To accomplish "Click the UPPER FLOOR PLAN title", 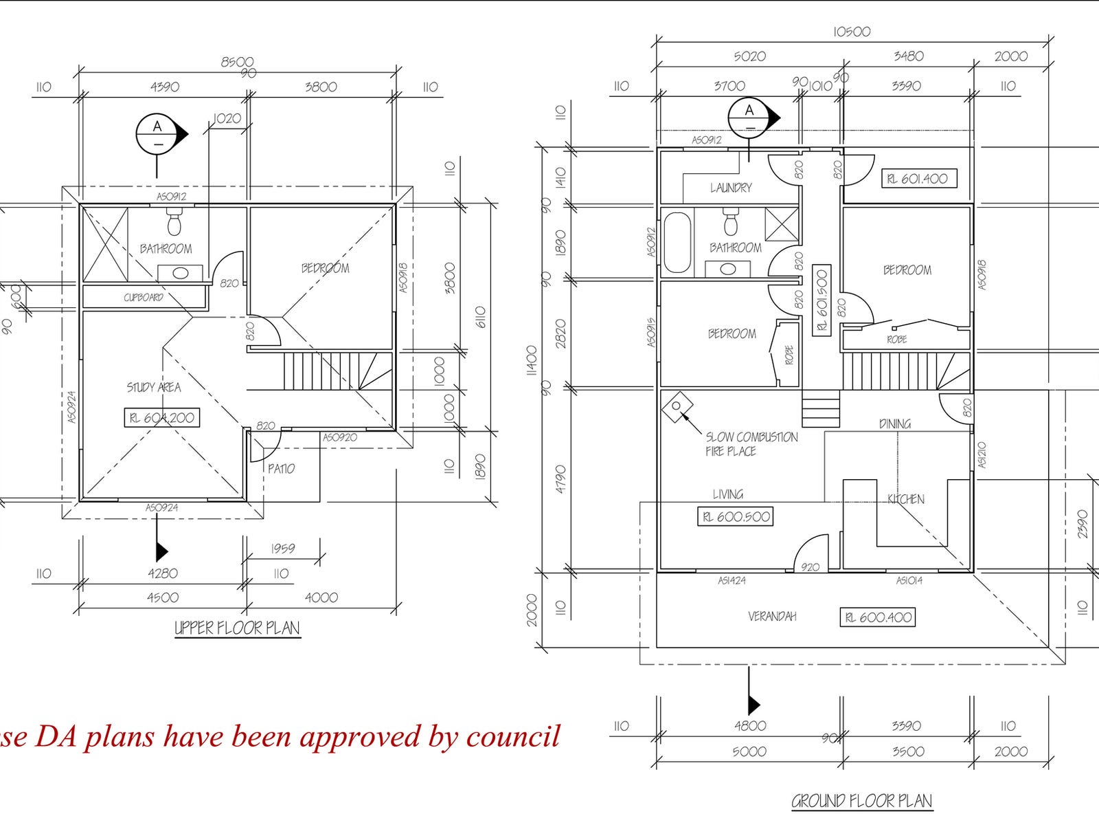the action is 237,628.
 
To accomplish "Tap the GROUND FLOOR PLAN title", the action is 862,801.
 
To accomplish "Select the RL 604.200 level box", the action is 162,417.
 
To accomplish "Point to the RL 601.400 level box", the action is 919,179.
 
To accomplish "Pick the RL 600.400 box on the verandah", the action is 879,617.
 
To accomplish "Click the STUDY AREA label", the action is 154,388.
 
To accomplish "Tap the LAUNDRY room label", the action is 731,188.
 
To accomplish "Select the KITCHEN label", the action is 906,499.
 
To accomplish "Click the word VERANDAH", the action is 772,617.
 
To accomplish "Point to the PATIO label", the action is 281,469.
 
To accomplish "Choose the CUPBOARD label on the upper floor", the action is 144,298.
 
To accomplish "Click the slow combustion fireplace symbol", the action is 677,406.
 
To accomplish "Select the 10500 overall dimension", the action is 852,32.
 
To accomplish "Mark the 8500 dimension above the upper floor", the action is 237,62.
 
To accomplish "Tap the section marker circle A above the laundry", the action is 749,115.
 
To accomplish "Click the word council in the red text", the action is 513,736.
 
